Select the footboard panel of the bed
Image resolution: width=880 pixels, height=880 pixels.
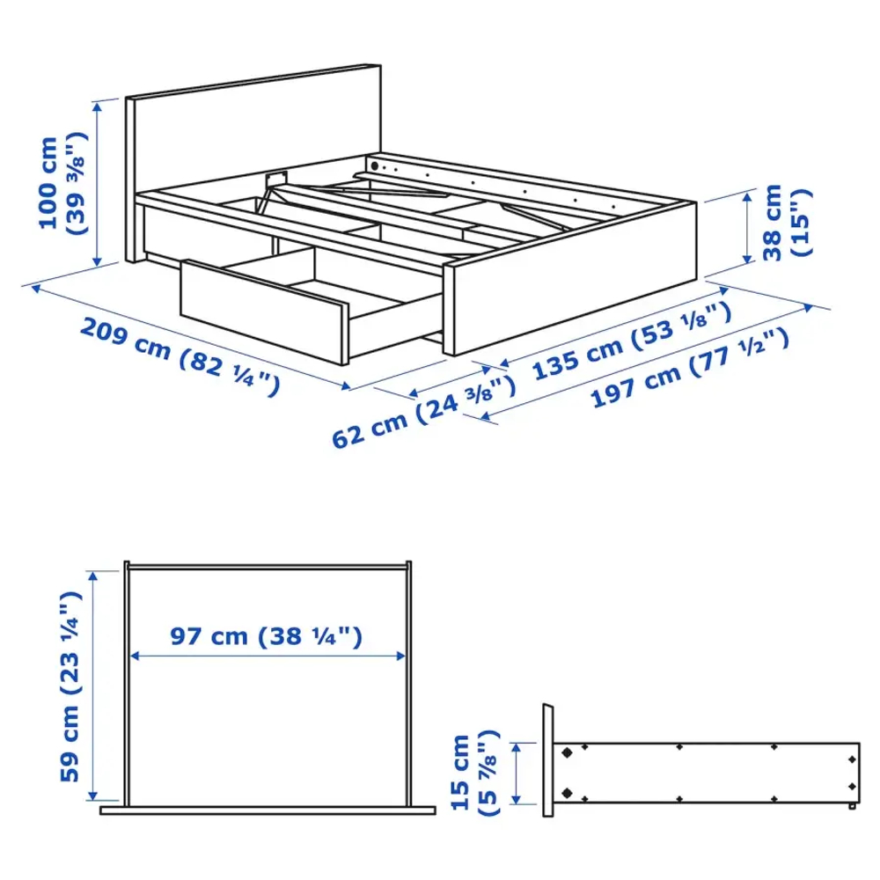click(572, 282)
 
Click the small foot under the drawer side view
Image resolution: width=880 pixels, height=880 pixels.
click(851, 806)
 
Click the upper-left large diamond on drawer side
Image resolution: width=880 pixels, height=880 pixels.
click(567, 753)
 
